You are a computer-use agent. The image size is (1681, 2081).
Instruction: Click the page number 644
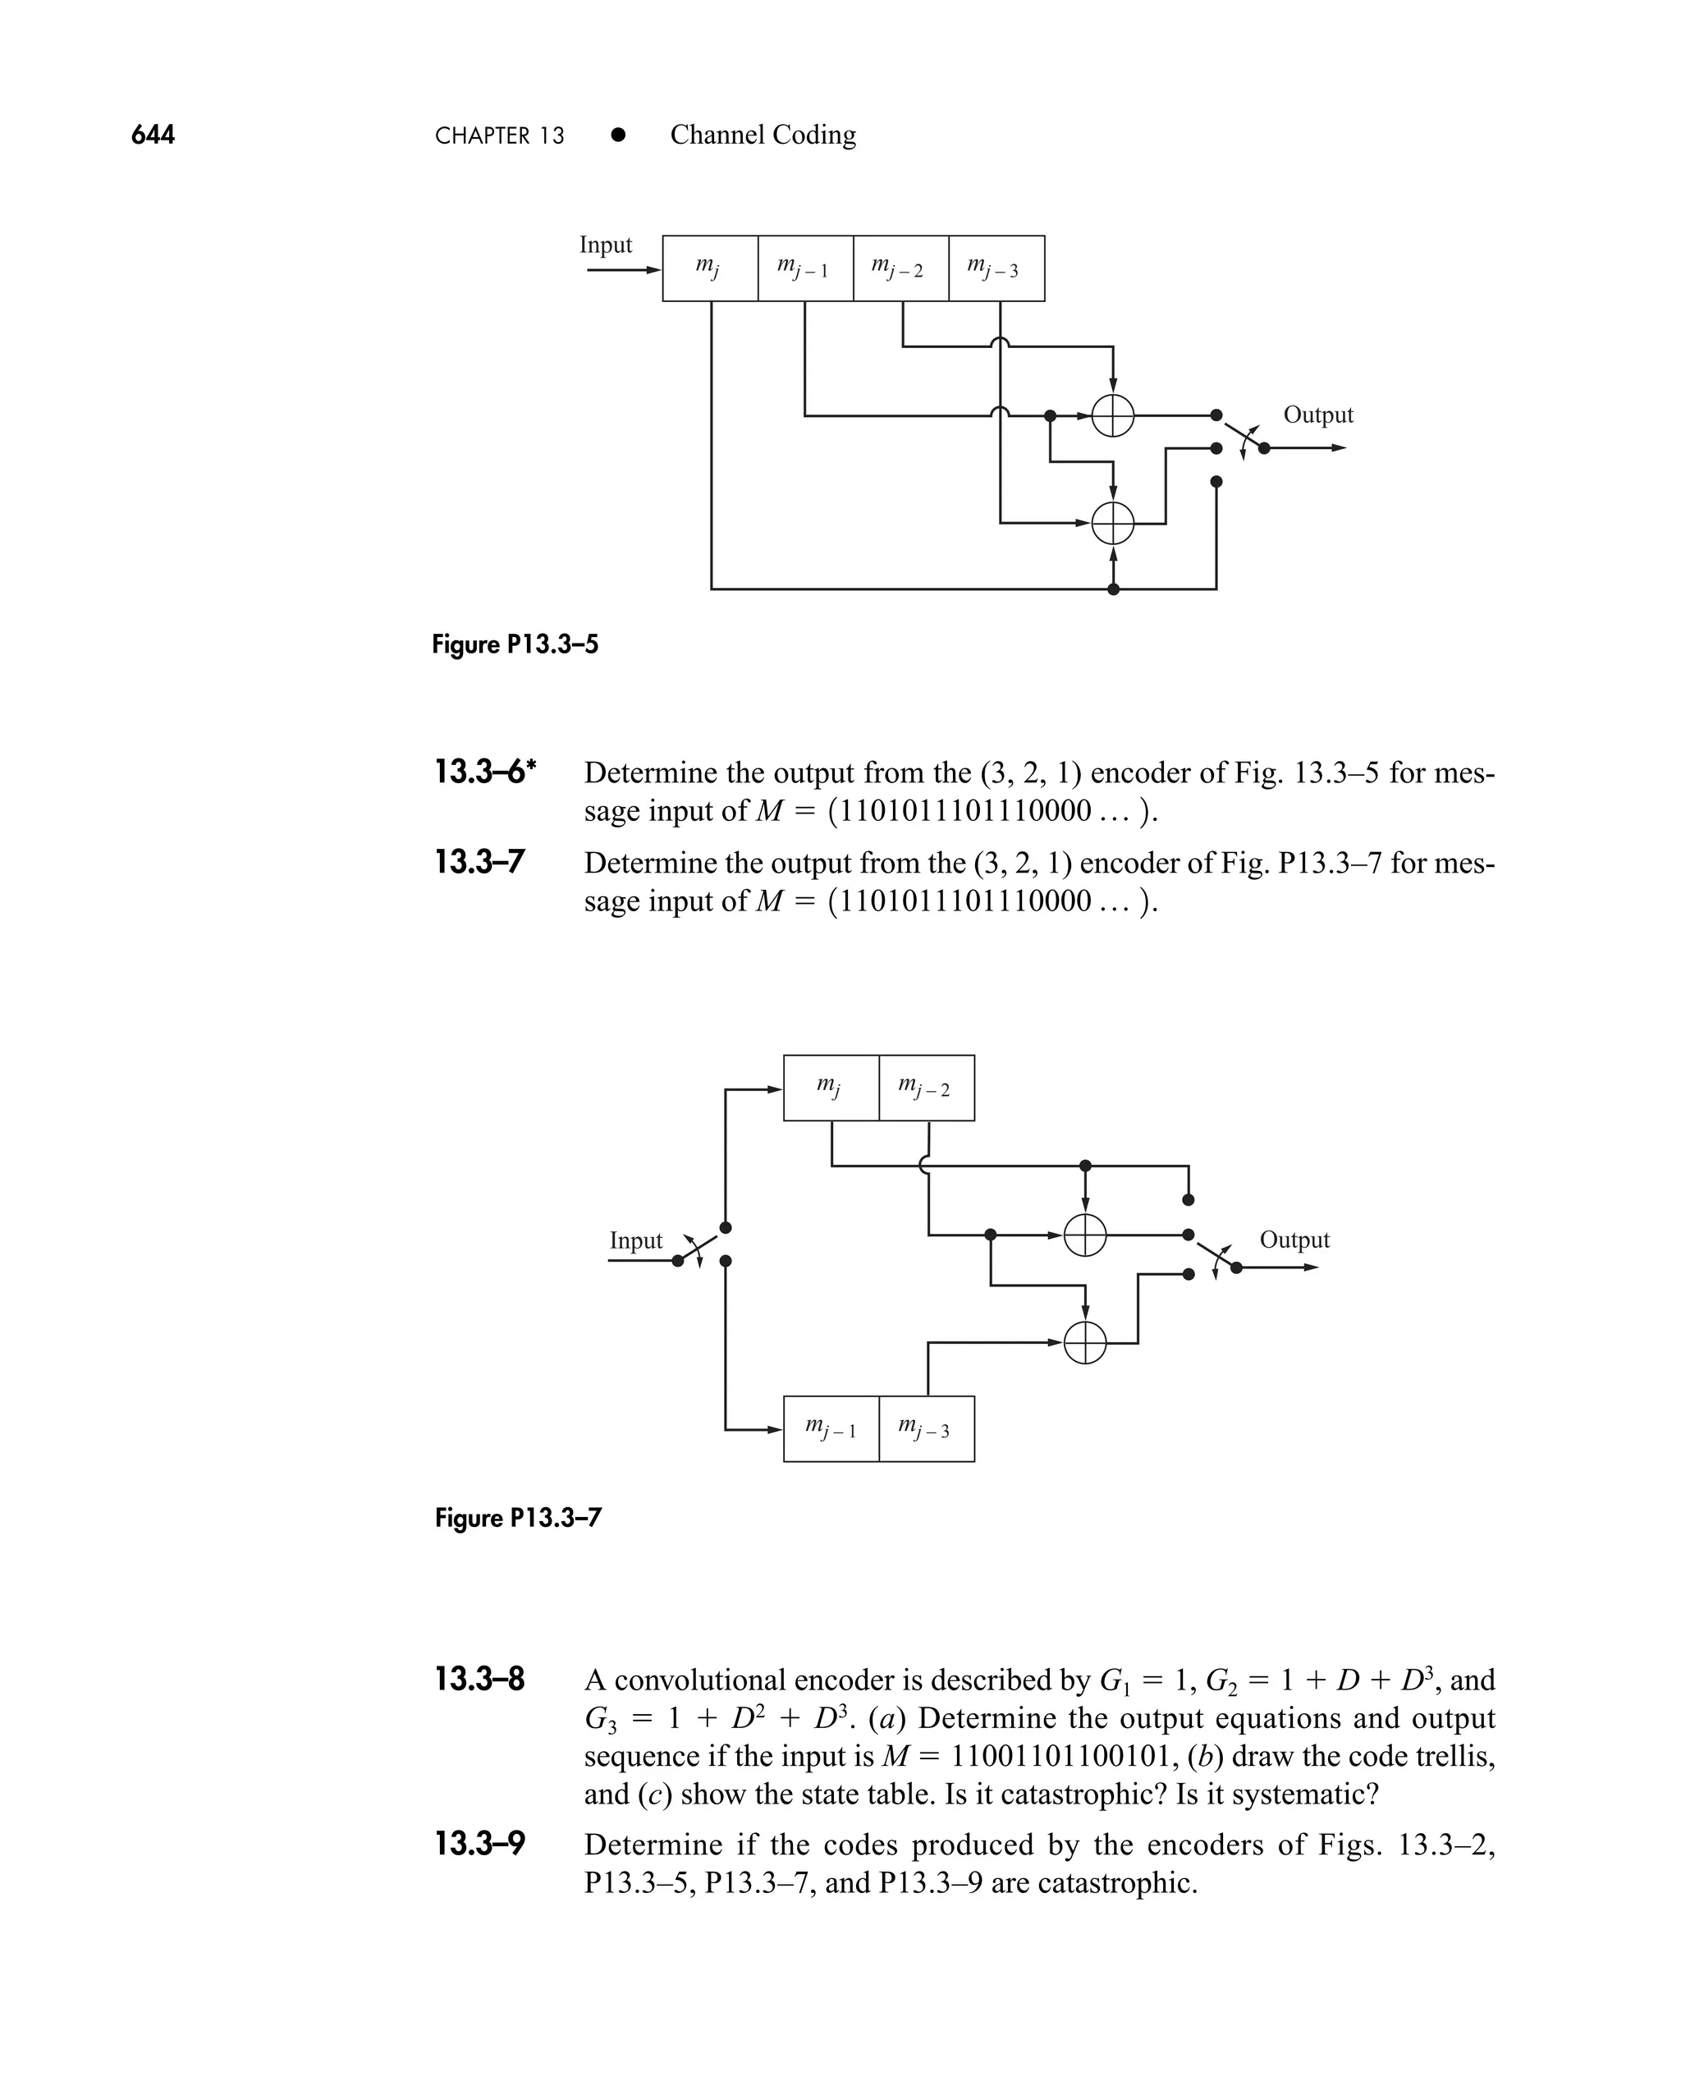(x=153, y=135)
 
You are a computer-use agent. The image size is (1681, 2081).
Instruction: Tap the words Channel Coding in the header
(x=763, y=135)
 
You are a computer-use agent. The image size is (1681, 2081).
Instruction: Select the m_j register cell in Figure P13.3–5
(x=710, y=268)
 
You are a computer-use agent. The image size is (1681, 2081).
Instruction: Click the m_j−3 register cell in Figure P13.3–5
(x=996, y=268)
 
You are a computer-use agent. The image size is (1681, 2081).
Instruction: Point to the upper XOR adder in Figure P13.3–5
(x=1113, y=416)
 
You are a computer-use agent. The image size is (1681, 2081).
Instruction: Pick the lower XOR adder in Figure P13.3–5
(x=1113, y=524)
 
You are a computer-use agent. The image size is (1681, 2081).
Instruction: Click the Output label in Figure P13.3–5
(x=1318, y=415)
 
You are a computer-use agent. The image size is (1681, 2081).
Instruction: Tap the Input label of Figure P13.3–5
(x=605, y=245)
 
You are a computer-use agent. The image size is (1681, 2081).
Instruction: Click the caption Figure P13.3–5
(x=515, y=644)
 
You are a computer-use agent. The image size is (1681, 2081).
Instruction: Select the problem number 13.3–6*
(x=485, y=772)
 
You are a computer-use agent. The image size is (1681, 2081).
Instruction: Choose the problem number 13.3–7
(x=479, y=862)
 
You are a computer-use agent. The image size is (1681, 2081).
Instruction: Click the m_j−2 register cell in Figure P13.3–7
(x=927, y=1088)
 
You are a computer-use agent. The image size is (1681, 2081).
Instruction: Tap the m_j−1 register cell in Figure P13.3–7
(x=831, y=1428)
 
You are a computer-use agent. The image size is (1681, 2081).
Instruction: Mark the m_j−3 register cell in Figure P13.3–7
(x=927, y=1428)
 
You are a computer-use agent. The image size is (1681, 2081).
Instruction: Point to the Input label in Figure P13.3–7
(x=635, y=1240)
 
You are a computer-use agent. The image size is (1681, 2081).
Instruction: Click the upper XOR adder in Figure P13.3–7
(x=1084, y=1235)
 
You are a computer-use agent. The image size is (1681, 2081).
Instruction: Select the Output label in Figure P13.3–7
(x=1294, y=1240)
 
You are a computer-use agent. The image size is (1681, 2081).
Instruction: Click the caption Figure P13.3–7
(x=518, y=1517)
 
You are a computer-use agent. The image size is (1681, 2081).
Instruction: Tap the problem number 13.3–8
(x=479, y=1679)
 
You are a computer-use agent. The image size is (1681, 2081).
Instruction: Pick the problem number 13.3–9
(x=479, y=1844)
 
